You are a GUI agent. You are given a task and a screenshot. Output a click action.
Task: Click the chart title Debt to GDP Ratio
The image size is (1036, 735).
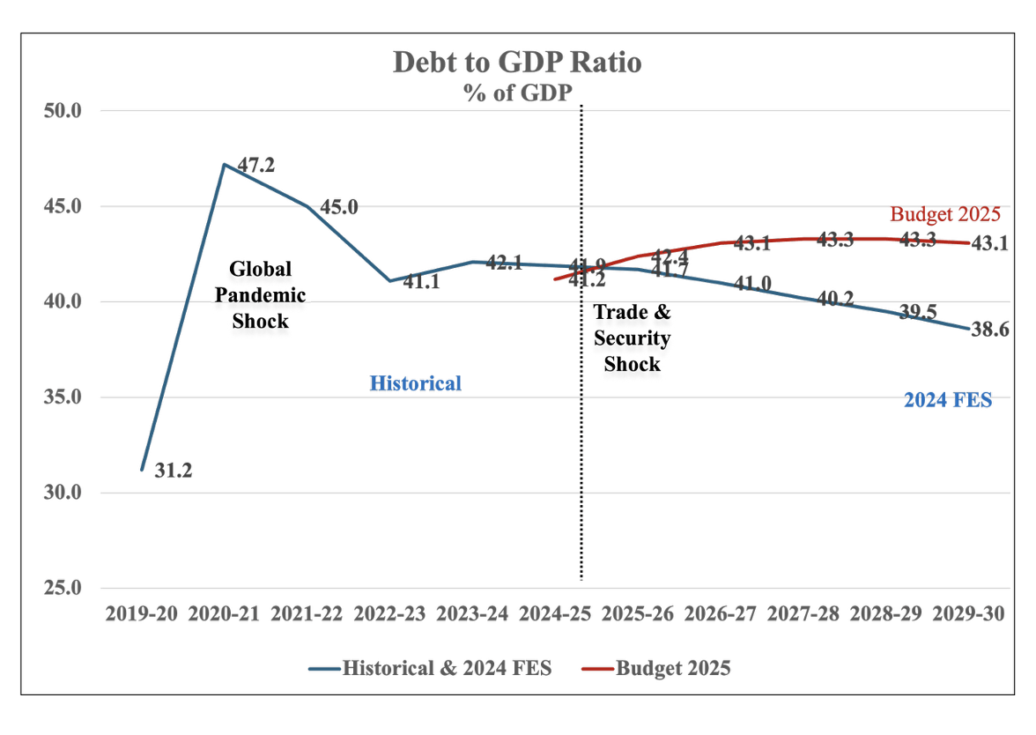(517, 63)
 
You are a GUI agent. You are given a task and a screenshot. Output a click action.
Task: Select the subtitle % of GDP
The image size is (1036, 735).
(518, 93)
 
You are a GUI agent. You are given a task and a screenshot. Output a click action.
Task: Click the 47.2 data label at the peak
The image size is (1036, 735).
(256, 164)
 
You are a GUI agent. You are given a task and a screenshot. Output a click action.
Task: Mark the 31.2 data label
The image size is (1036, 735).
(173, 471)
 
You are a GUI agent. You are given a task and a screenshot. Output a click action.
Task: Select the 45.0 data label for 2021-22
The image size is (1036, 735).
(339, 207)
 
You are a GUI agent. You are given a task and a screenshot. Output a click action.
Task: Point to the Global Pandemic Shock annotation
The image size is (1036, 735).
(260, 294)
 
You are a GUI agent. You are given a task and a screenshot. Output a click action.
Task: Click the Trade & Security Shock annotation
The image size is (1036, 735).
(632, 338)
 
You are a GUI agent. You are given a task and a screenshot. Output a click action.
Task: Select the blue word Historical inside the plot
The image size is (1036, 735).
(415, 383)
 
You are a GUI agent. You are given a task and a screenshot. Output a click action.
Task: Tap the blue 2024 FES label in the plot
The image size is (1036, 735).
(948, 400)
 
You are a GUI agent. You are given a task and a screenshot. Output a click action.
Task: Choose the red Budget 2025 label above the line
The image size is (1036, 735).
(945, 214)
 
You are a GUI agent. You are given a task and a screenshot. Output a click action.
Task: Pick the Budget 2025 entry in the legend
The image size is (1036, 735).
(673, 668)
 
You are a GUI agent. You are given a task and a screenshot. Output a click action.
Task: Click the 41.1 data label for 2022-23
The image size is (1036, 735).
(420, 284)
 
